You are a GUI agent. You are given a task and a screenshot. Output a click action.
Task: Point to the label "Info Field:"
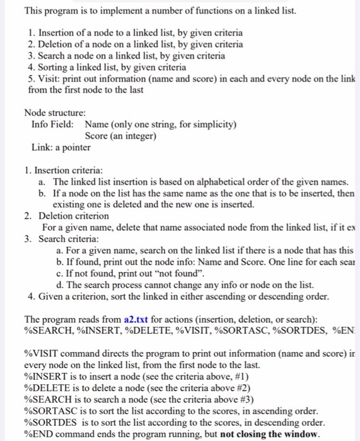[56, 124]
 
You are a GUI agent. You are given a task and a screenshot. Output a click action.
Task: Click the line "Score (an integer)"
[120, 135]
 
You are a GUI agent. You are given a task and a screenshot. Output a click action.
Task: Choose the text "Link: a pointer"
[61, 147]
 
